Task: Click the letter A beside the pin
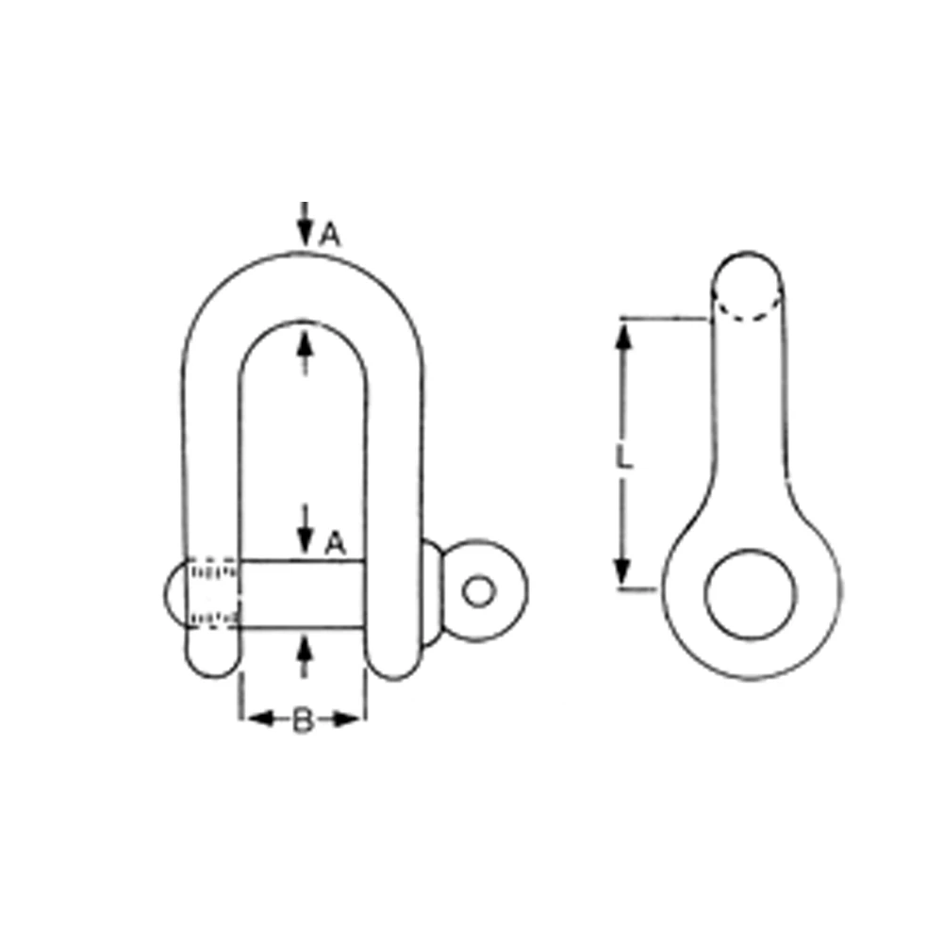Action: (x=335, y=543)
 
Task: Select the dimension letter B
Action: (x=302, y=721)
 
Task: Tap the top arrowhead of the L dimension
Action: (x=621, y=335)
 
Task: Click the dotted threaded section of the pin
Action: (x=215, y=594)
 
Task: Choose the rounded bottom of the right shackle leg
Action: (x=394, y=665)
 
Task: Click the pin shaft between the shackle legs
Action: (x=302, y=594)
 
